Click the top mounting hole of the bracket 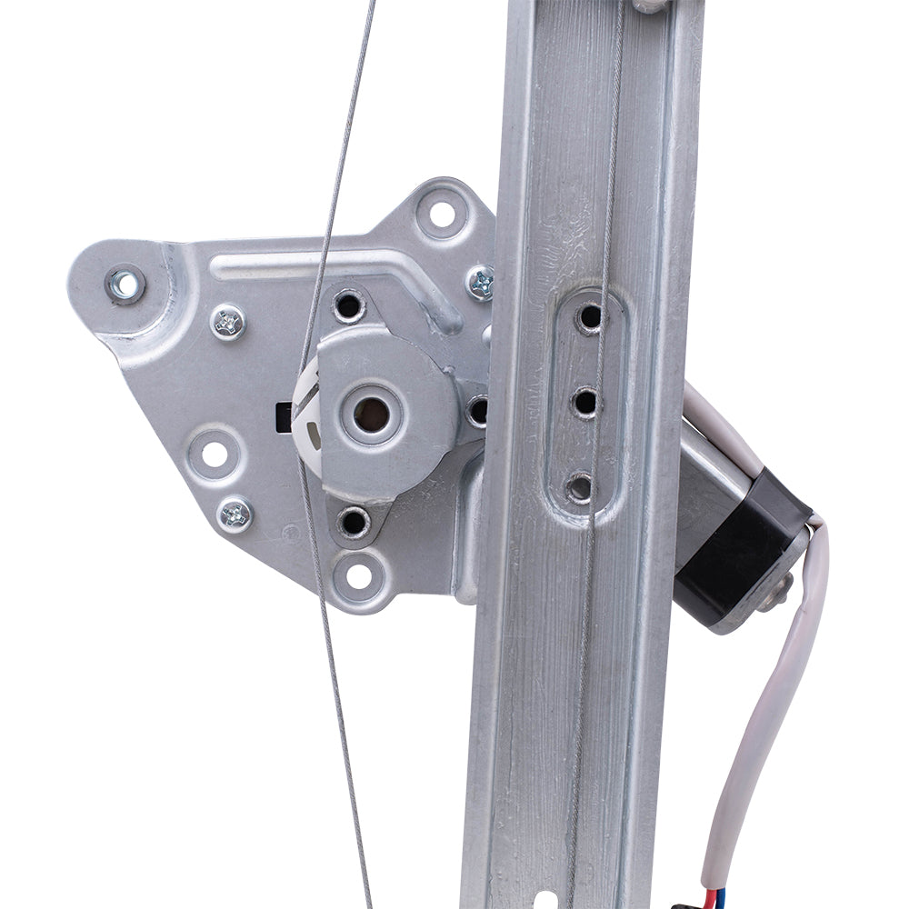(442, 215)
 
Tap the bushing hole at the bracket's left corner (125, 285)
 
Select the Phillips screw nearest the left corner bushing (227, 322)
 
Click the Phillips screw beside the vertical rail (481, 283)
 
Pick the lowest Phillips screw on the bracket (236, 514)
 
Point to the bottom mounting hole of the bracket (359, 574)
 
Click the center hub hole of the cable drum (371, 415)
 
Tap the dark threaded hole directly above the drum (348, 305)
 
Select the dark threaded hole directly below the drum (353, 522)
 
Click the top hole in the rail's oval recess (590, 317)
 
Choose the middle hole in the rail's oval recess (585, 401)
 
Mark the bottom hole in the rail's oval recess (580, 487)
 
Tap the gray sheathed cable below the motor (777, 700)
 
